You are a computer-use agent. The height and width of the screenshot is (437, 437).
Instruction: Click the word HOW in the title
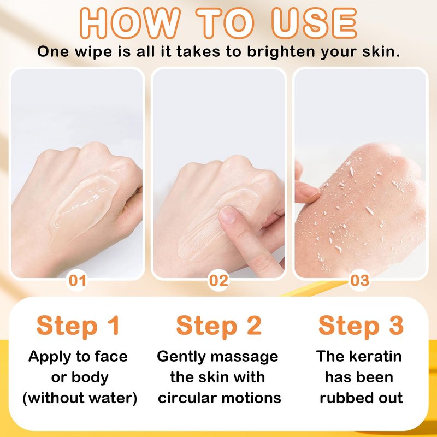tap(130, 23)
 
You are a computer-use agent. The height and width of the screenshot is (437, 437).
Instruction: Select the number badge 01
tap(77, 280)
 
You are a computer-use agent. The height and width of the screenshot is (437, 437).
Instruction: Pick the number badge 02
tap(218, 280)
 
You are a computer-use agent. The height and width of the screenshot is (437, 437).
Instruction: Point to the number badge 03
tap(359, 280)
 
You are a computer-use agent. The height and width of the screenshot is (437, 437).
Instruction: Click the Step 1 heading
tap(78, 326)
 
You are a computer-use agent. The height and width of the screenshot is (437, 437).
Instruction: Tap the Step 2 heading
tap(219, 326)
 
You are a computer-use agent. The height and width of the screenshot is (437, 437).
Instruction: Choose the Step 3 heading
tap(361, 326)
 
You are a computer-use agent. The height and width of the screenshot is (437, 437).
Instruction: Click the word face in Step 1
tap(111, 356)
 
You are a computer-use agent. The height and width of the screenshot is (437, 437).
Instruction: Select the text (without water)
tap(80, 398)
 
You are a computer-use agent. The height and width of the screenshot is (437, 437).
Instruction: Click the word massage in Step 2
tap(244, 357)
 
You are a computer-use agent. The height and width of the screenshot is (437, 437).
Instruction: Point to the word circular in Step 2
tap(187, 398)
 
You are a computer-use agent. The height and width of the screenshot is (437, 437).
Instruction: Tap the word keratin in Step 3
tap(375, 356)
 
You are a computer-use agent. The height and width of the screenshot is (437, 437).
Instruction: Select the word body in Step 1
tap(90, 378)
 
